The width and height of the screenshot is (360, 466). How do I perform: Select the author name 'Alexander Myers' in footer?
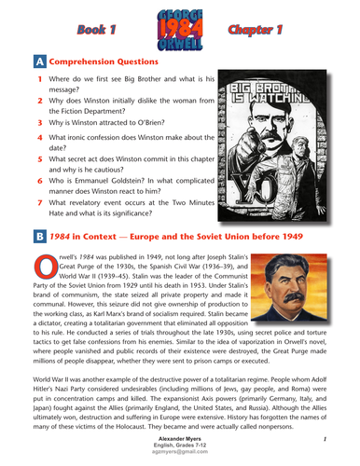tap(179, 435)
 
